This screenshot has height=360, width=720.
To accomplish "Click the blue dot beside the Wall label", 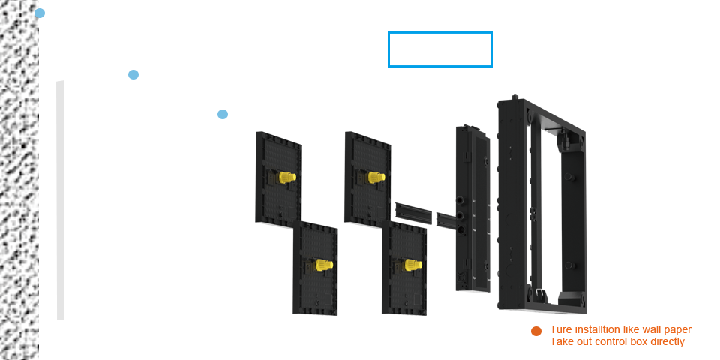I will click(40, 13).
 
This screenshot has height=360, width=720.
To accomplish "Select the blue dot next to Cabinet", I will click(133, 74).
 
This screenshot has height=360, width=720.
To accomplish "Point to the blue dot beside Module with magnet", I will click(223, 114).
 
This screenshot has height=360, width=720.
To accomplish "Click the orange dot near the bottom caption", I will click(535, 331).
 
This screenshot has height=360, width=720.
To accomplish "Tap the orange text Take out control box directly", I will click(617, 341).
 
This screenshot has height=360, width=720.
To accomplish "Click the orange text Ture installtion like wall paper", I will click(620, 329).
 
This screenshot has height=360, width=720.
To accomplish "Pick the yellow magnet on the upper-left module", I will click(286, 178).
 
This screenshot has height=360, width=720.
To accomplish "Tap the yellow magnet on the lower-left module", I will click(323, 265).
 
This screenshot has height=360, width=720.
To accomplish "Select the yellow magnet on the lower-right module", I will click(411, 265).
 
